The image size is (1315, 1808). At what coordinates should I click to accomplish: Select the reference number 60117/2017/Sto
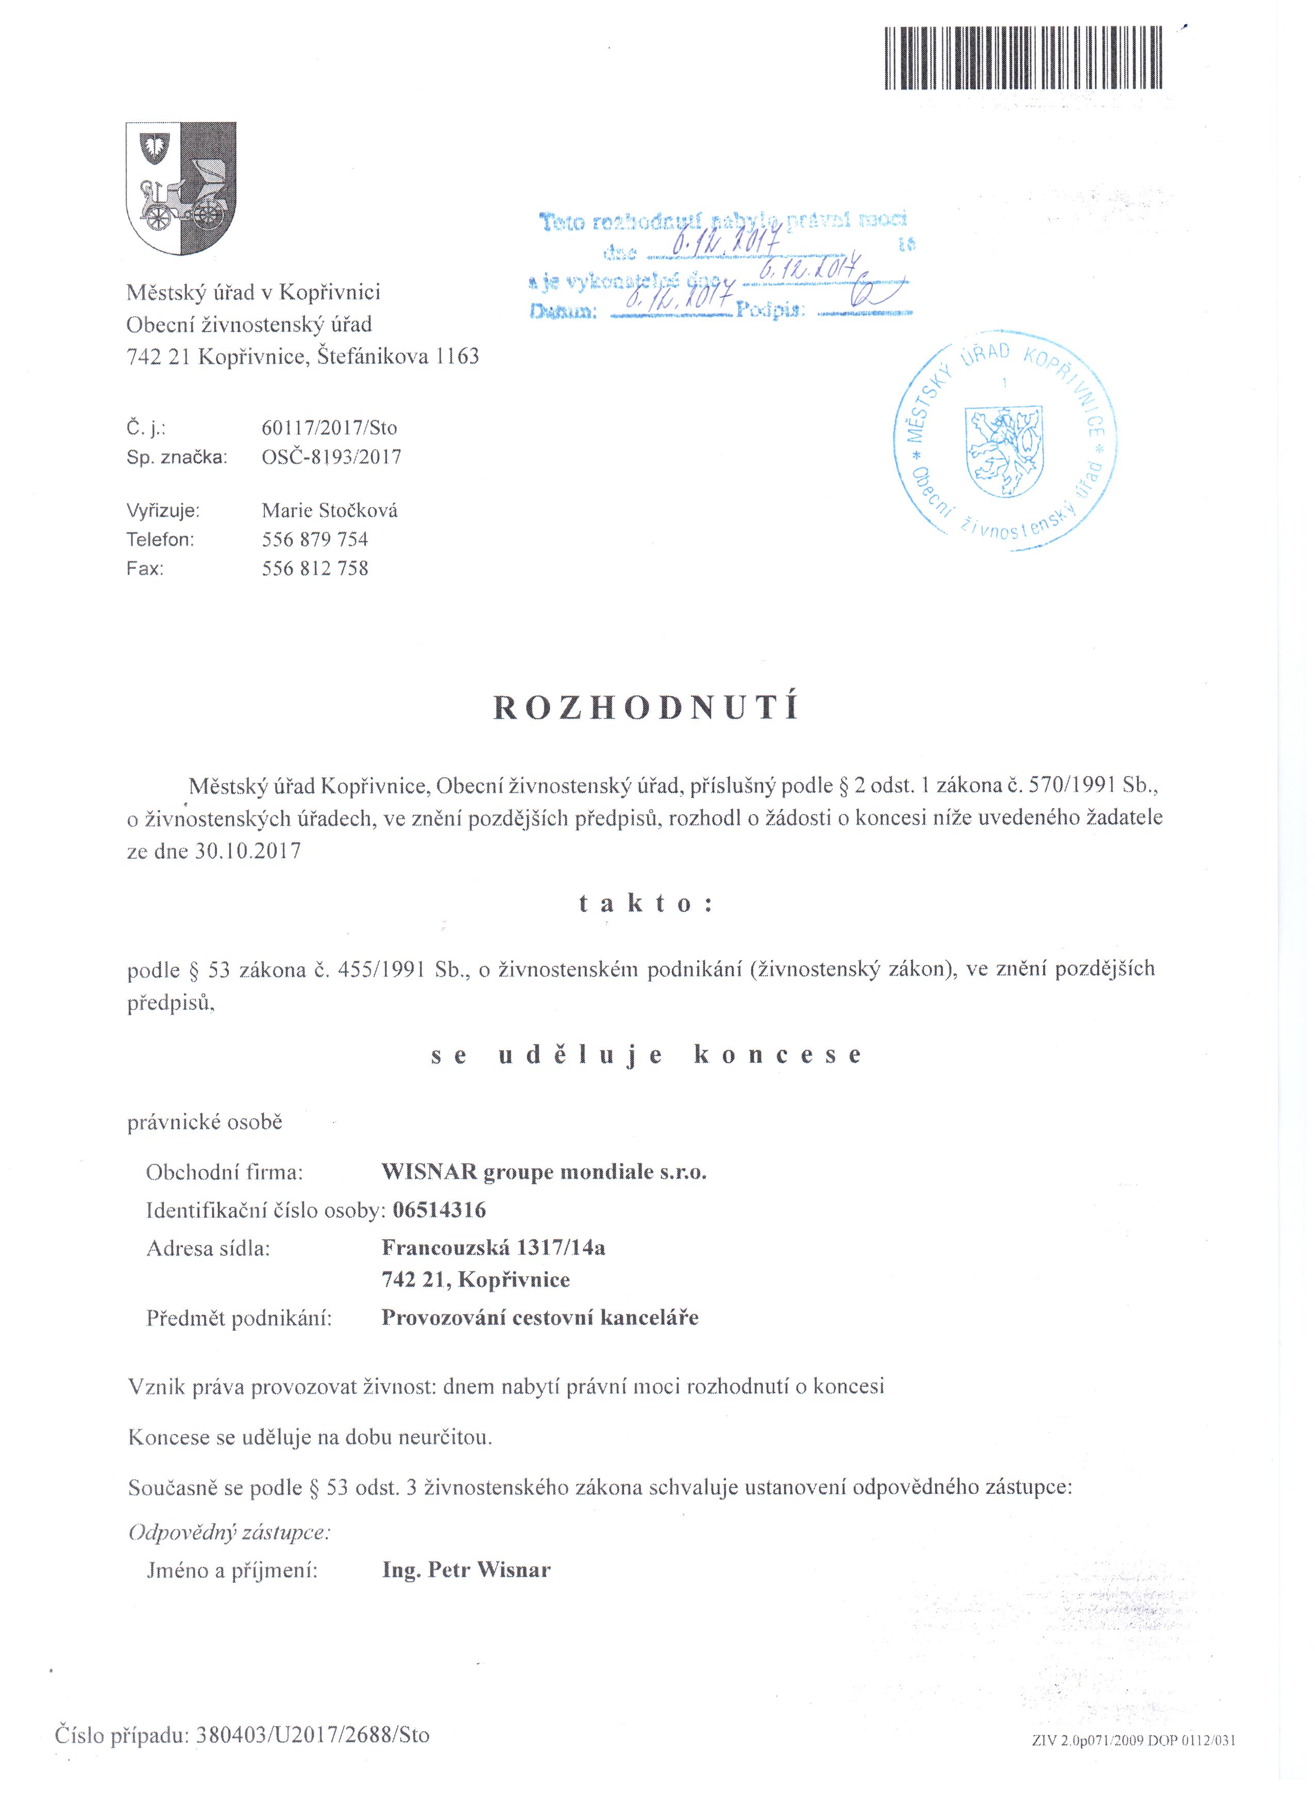click(x=329, y=428)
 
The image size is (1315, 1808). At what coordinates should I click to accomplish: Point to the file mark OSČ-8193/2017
click(x=331, y=457)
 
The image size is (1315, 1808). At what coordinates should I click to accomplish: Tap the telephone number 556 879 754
click(x=315, y=540)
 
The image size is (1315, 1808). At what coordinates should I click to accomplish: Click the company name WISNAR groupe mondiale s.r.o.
click(x=544, y=1173)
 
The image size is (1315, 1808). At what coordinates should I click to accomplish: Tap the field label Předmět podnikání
click(x=239, y=1319)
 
